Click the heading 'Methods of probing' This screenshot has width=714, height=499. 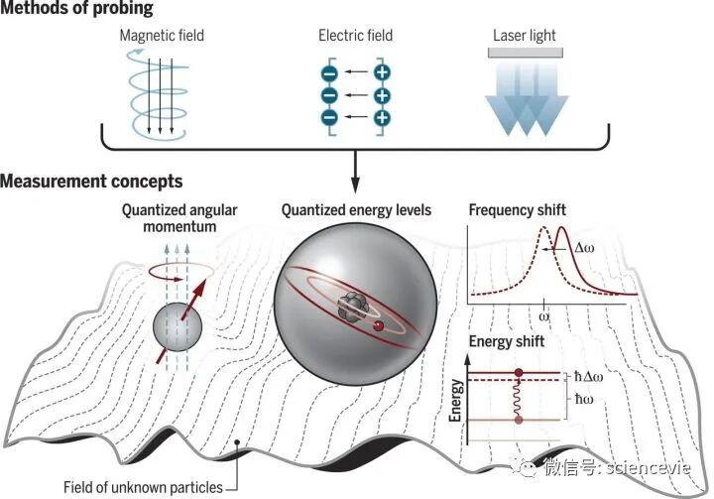point(77,10)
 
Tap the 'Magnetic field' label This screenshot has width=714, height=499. point(162,37)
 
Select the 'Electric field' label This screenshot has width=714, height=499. point(355,37)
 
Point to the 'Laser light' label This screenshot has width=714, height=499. point(524,37)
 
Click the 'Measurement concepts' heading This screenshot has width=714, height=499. point(91,182)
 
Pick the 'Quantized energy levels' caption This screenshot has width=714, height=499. point(356,210)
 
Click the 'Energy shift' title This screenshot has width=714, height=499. point(506,342)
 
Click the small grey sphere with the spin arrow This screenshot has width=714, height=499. point(175,328)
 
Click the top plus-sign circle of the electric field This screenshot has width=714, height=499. point(382,72)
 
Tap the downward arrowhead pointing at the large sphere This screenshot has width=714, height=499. point(354,187)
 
